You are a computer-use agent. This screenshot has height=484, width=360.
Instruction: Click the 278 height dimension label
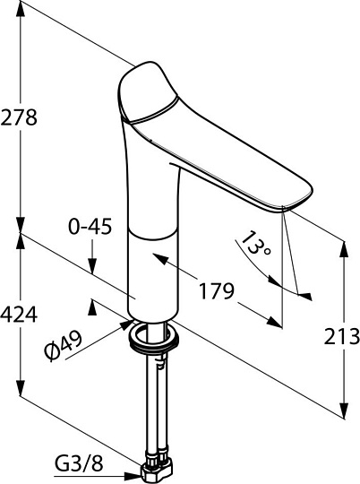point(19,117)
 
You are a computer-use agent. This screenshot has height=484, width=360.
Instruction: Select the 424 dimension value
point(19,315)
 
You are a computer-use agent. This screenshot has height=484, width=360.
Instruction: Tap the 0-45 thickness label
point(90,227)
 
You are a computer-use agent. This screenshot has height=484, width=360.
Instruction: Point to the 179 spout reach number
point(216,290)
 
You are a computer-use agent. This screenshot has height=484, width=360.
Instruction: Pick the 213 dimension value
point(342,336)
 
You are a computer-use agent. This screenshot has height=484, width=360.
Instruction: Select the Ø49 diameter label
point(64,345)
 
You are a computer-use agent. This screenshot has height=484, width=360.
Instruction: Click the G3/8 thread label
point(79,464)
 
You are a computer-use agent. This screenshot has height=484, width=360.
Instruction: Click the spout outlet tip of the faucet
point(287,209)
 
